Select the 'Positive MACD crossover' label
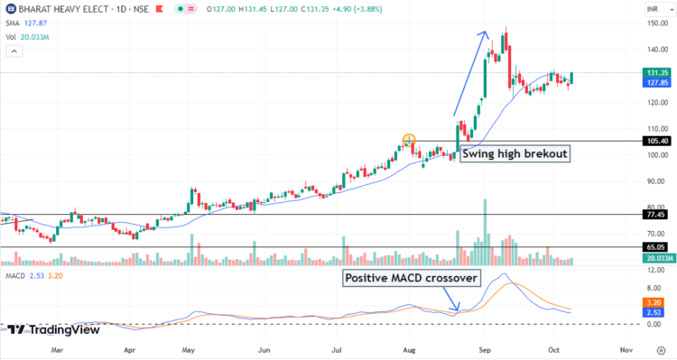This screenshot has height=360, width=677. [x=411, y=278]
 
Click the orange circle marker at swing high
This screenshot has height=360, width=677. [x=409, y=141]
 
